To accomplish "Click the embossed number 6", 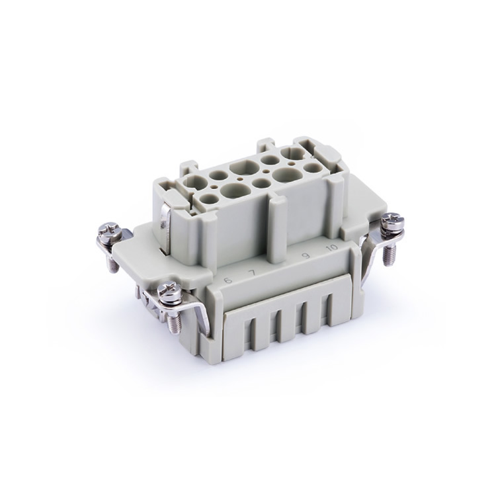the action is click(x=227, y=280).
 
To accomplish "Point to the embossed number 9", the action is click(x=306, y=255).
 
